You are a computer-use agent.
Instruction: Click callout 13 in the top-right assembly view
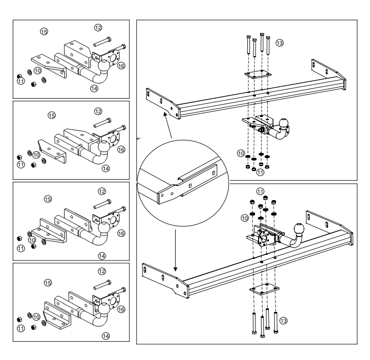[x=279, y=43]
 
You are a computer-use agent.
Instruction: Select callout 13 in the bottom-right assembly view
[x=283, y=320]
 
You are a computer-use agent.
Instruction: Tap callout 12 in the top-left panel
[x=98, y=27]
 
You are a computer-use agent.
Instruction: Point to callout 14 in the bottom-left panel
[x=105, y=335]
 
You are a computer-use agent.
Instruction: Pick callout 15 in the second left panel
[x=51, y=116]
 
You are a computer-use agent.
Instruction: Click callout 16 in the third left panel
[x=121, y=233]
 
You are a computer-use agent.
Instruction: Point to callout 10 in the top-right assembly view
[x=240, y=153]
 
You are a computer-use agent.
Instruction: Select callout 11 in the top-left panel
[x=21, y=81]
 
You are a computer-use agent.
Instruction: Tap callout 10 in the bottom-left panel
[x=36, y=317]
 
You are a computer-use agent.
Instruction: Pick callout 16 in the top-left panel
[x=121, y=66]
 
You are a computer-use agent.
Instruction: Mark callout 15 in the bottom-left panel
[x=48, y=282]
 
